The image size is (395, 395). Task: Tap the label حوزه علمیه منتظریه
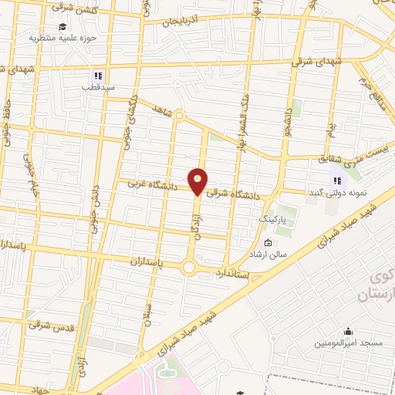pyautogui.click(x=62, y=37)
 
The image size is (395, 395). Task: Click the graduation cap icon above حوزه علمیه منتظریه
pyautogui.click(x=62, y=25)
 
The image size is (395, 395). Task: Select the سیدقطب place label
pyautogui.click(x=97, y=87)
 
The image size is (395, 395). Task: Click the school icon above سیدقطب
pyautogui.click(x=97, y=76)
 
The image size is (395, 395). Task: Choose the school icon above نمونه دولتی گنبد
pyautogui.click(x=336, y=181)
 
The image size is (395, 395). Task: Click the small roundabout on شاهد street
pyautogui.click(x=179, y=116)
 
